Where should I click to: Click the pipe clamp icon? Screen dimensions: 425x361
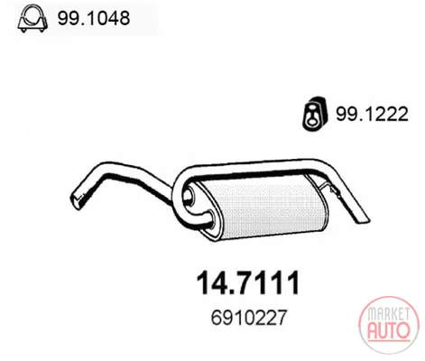pyautogui.click(x=32, y=18)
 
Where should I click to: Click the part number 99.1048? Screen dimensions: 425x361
pyautogui.click(x=94, y=18)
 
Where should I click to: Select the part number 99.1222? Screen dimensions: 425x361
pyautogui.click(x=372, y=114)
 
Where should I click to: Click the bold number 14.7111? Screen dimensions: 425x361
pyautogui.click(x=248, y=282)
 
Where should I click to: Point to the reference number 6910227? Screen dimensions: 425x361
pyautogui.click(x=249, y=318)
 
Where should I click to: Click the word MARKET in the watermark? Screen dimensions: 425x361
pyautogui.click(x=389, y=315)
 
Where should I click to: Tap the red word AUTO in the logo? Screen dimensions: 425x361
pyautogui.click(x=389, y=329)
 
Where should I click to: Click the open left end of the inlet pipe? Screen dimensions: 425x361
pyautogui.click(x=76, y=200)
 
